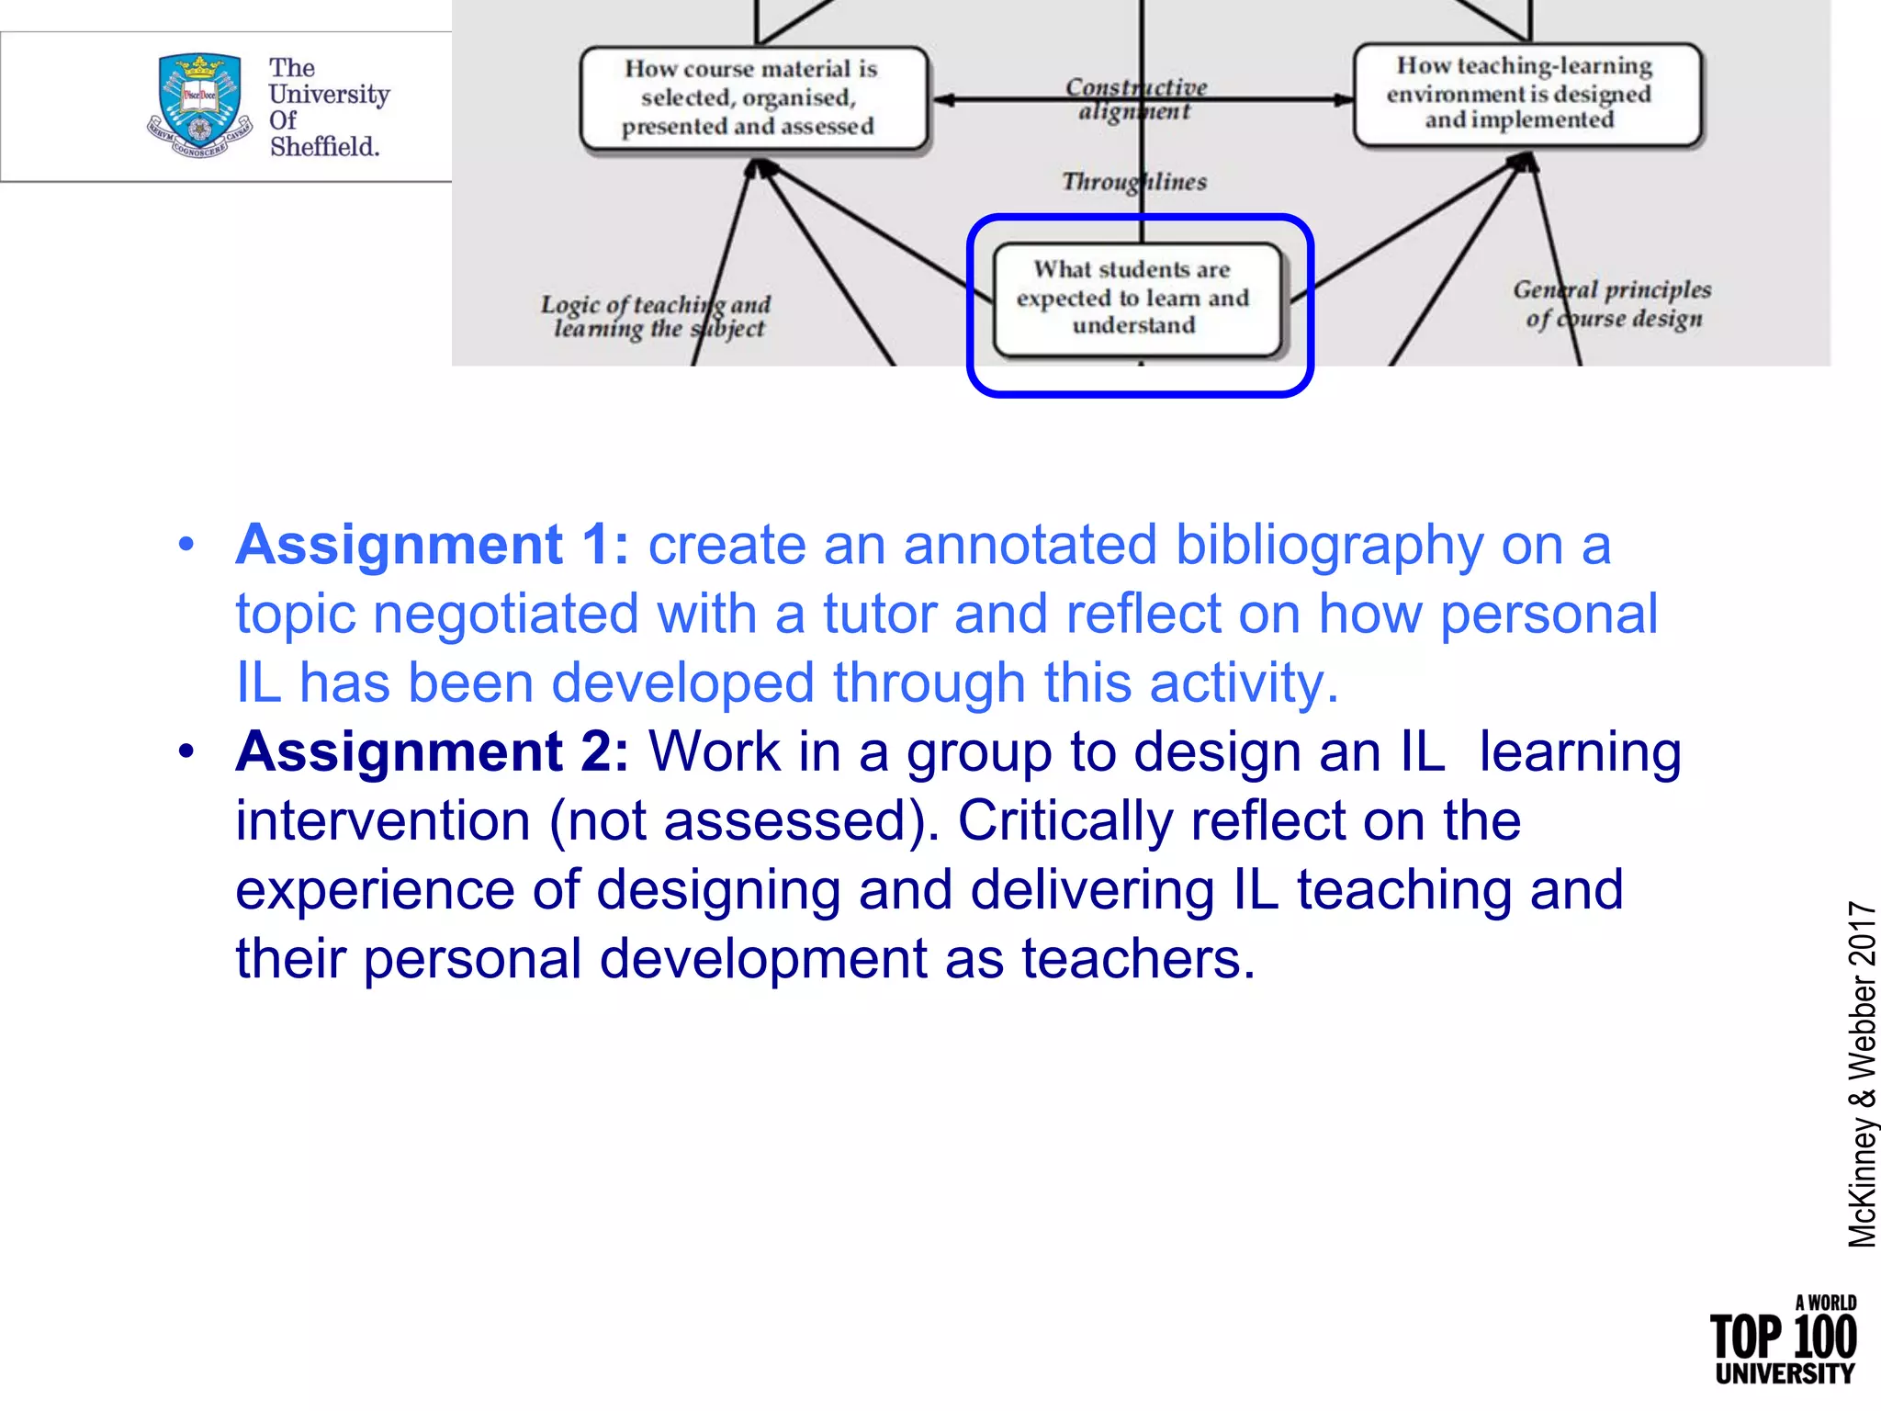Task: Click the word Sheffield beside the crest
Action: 324,146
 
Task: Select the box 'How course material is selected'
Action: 753,97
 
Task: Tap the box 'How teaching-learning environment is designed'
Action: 1526,94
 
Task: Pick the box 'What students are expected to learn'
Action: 1136,298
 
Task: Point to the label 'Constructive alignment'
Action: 1136,99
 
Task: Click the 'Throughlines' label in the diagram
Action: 1134,182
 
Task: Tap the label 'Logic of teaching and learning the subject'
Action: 656,316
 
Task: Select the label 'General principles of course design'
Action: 1613,304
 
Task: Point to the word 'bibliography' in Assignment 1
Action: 1328,545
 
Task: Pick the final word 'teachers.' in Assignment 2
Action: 1138,958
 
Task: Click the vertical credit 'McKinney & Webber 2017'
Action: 1861,1074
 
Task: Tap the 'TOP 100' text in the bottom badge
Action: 1783,1337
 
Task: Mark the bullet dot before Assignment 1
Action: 186,545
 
